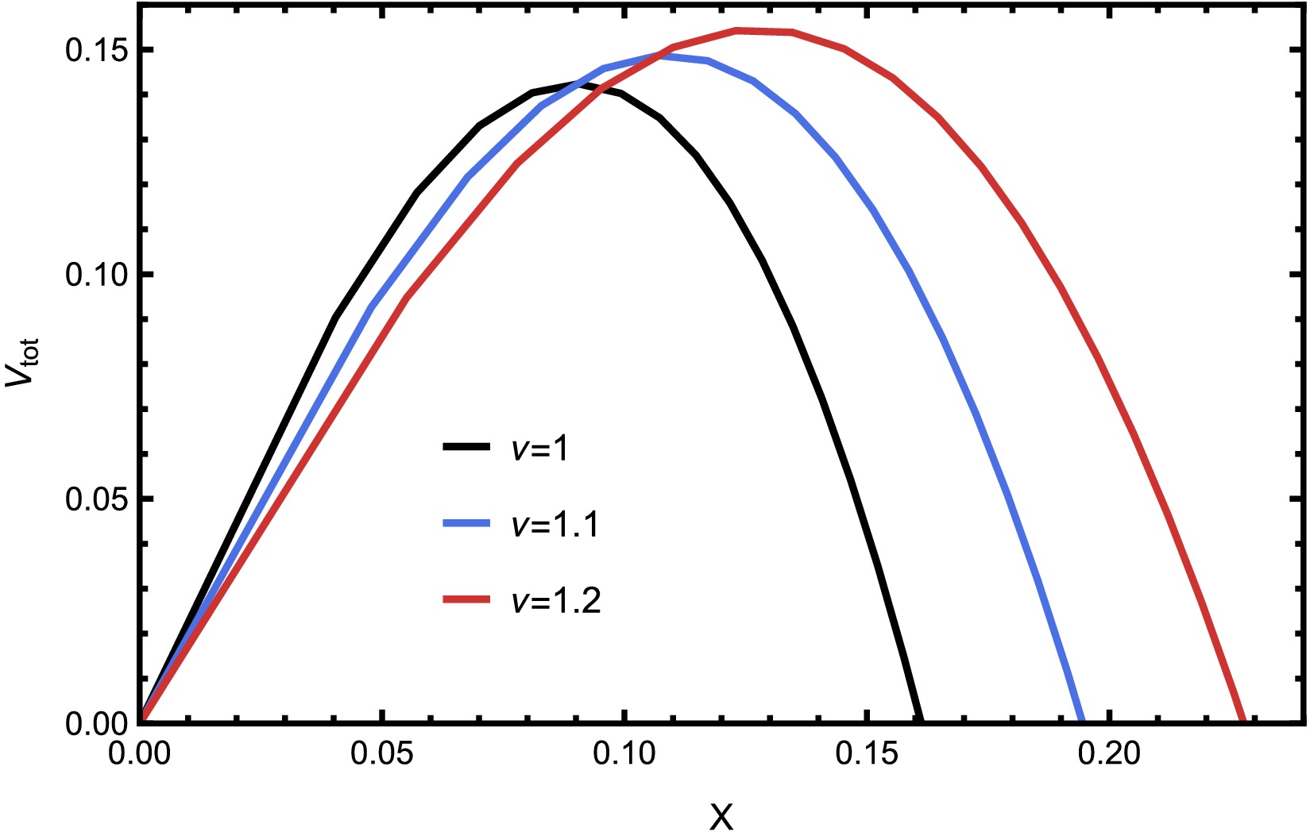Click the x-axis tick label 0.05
[x=382, y=753]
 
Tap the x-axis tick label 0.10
[x=624, y=753]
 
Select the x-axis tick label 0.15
[x=867, y=753]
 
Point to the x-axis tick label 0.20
[x=1109, y=753]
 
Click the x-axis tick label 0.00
[x=140, y=753]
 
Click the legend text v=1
[x=539, y=449]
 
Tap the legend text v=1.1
[x=555, y=525]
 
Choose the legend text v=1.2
[x=555, y=601]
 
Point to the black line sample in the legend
[x=466, y=448]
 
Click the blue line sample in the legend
[x=466, y=523]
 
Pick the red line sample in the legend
[x=466, y=599]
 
